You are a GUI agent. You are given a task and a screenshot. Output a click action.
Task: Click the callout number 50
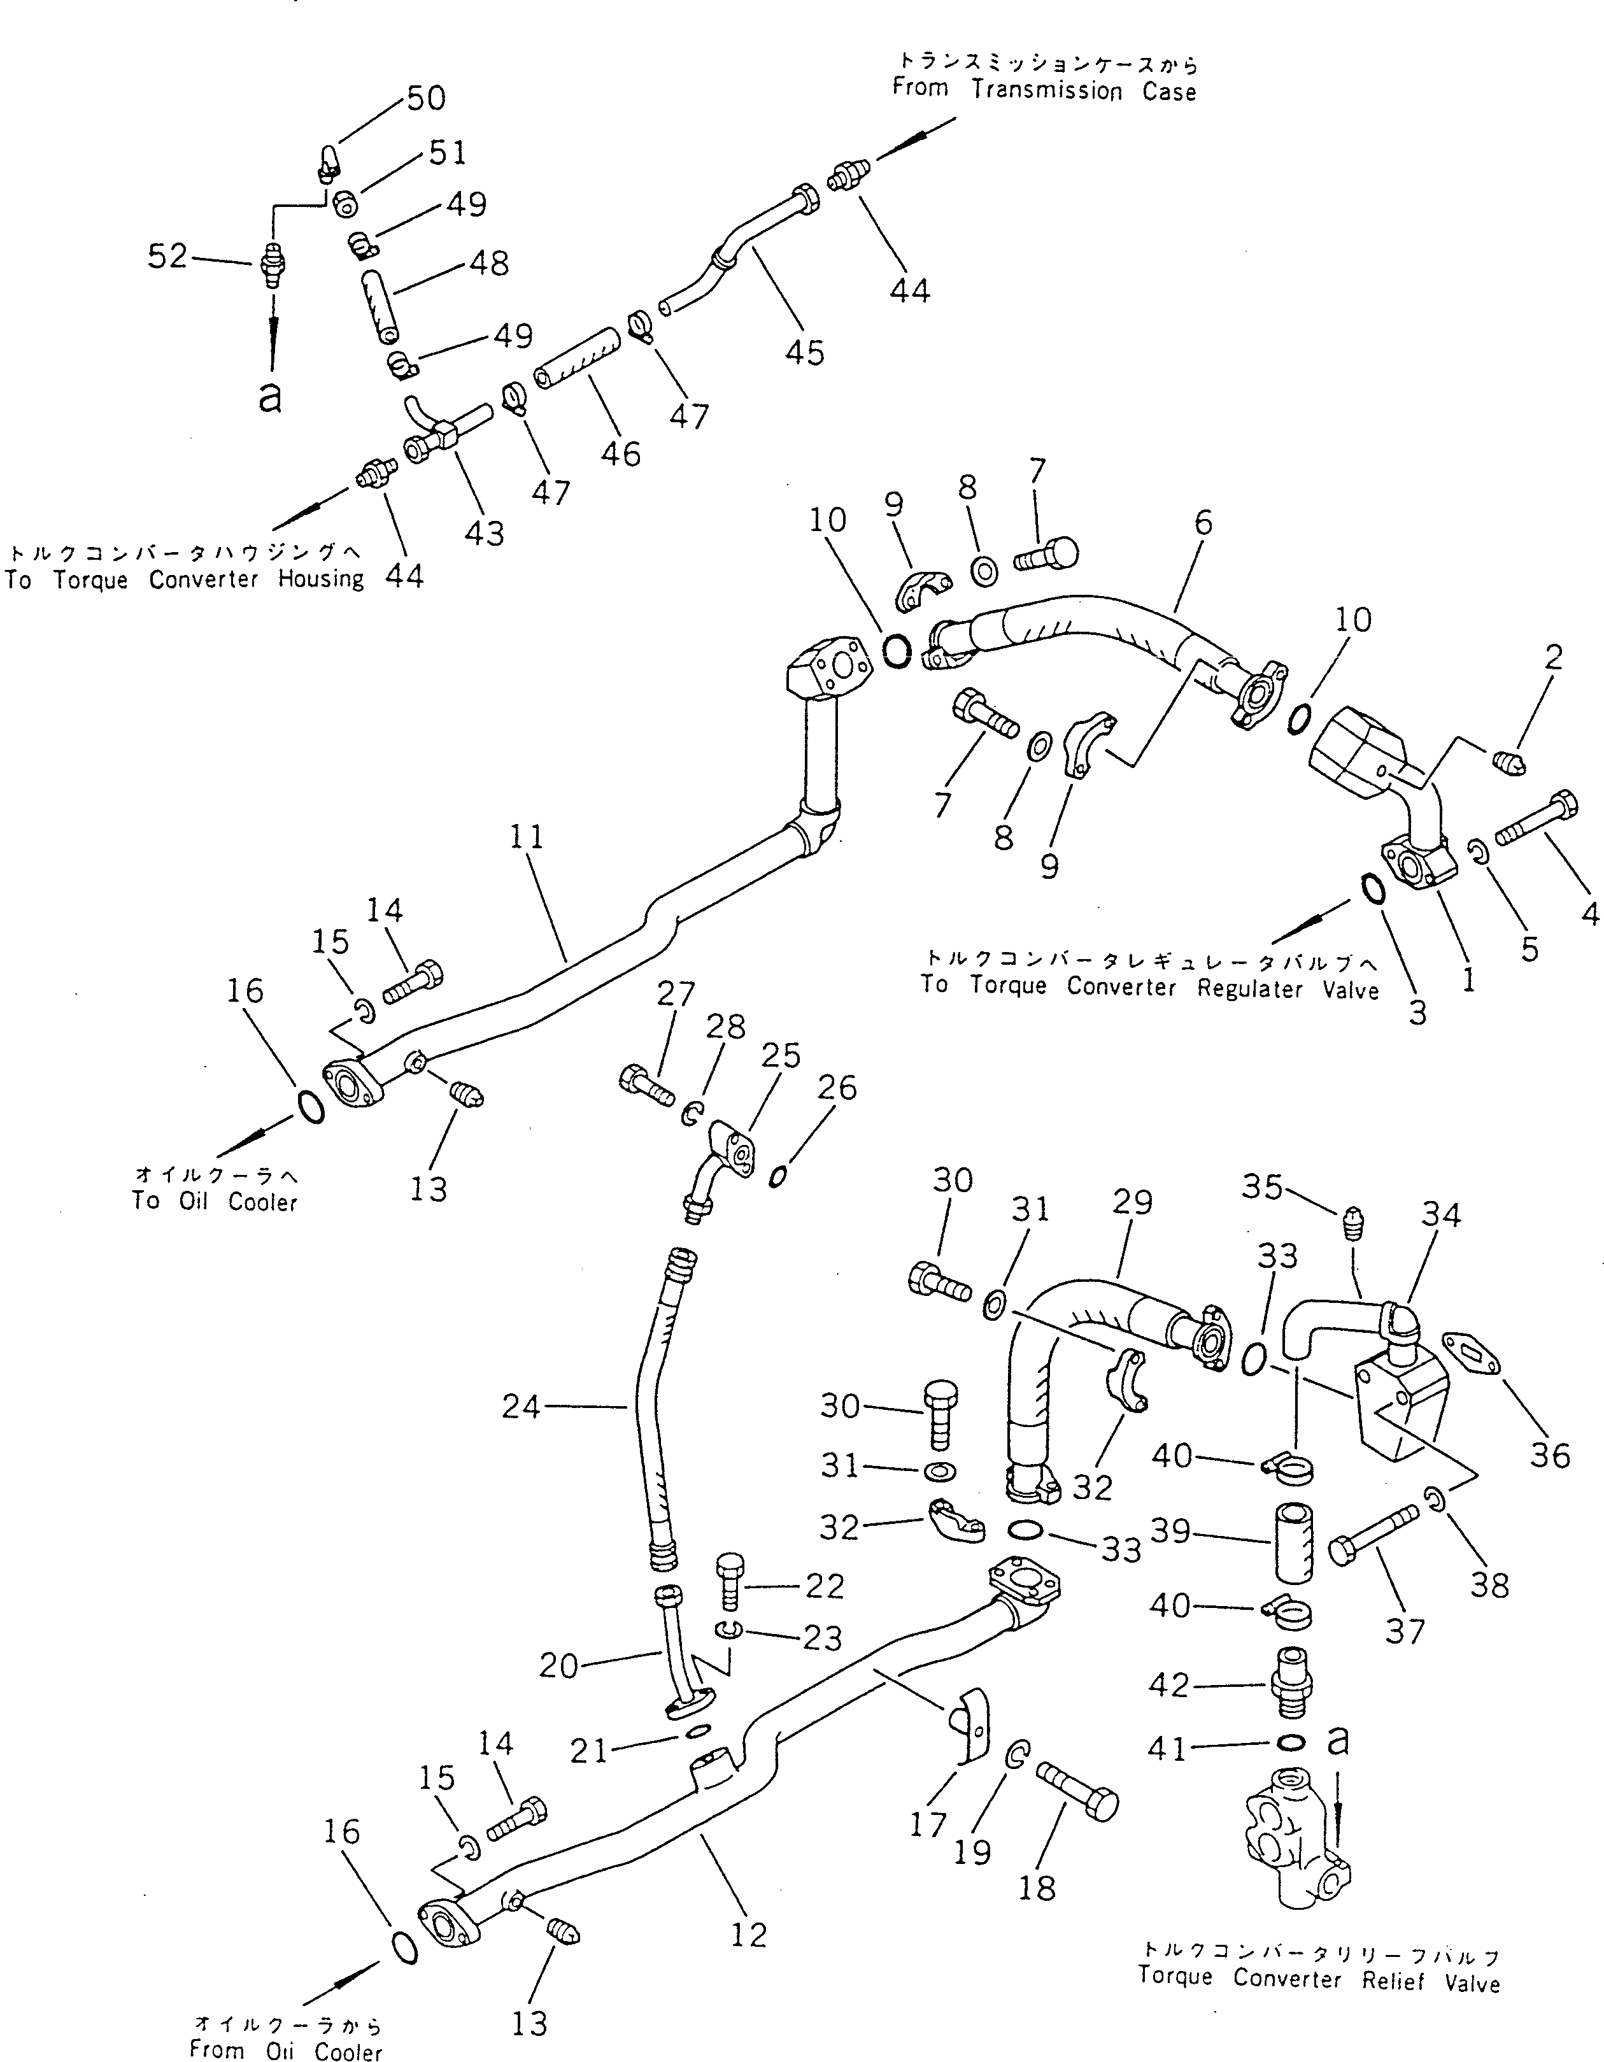coord(425,98)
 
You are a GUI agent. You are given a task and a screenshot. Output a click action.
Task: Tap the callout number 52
coord(168,256)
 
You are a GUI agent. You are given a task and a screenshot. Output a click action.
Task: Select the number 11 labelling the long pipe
coord(528,837)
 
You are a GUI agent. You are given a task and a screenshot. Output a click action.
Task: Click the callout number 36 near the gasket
coord(1550,1455)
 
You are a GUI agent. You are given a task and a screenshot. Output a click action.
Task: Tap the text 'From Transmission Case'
coord(1044,92)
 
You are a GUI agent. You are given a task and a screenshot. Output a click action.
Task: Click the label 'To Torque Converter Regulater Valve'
coord(1150,988)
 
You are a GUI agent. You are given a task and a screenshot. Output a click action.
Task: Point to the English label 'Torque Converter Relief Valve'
coord(1319,1980)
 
